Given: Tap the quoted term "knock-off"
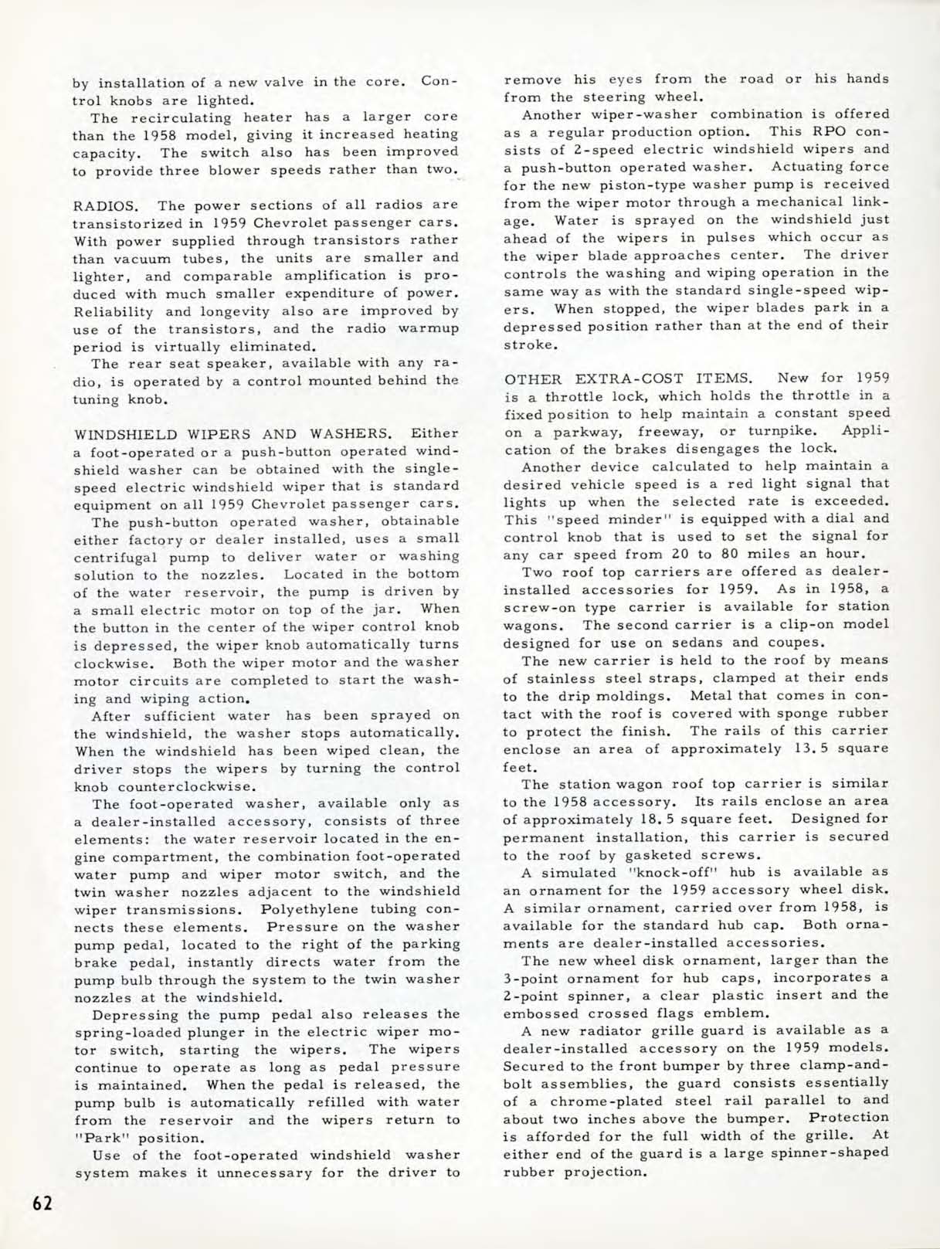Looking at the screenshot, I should tap(657, 872).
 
